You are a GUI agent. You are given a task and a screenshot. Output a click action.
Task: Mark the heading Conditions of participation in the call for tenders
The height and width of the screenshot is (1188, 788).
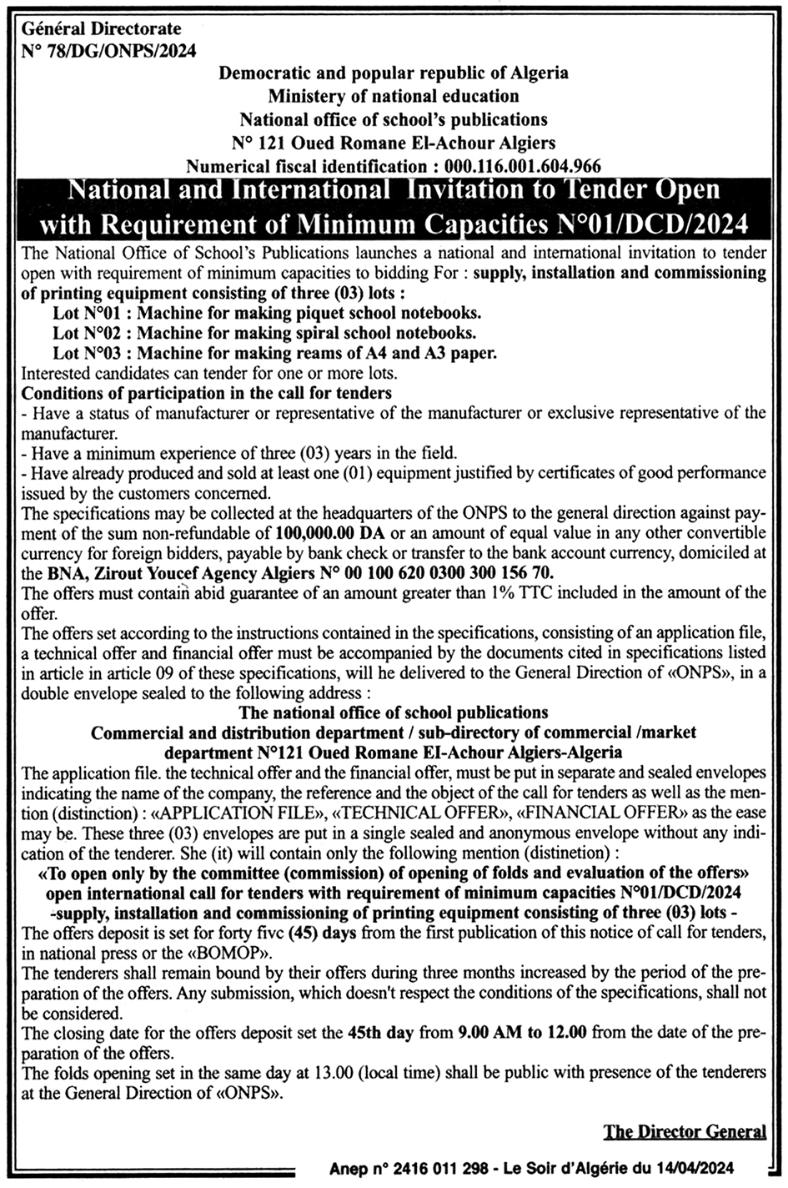coord(207,391)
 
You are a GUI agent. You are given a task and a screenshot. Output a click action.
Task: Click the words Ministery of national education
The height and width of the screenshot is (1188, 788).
coord(394,96)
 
